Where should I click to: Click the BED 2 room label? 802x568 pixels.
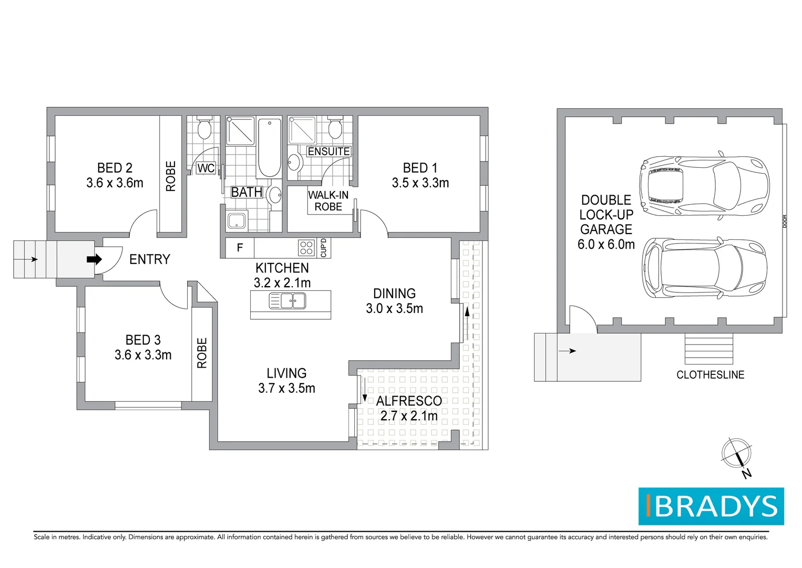tap(115, 168)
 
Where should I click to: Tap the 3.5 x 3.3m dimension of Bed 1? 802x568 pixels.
tap(420, 183)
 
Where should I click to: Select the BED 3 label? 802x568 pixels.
tap(143, 340)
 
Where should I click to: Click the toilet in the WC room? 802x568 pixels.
tap(204, 127)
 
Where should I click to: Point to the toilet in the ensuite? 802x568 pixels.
tap(335, 127)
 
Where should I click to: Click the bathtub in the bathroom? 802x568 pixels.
tap(269, 147)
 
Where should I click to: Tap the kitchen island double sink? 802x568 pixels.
tap(287, 301)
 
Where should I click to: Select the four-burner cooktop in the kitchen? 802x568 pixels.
tap(306, 248)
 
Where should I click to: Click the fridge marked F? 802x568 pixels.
tap(240, 248)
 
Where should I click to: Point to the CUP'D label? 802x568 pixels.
tap(324, 248)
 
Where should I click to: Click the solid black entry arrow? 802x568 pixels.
tap(94, 259)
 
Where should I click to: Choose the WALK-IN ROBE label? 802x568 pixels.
tap(328, 201)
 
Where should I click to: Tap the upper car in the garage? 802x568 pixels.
tap(704, 186)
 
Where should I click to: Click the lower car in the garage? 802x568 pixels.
tap(704, 268)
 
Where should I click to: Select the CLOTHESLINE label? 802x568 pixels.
tap(711, 375)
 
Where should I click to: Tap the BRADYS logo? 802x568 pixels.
tap(711, 506)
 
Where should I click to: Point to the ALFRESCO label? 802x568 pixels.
tap(409, 401)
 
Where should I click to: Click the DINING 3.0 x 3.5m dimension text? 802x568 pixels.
tap(394, 308)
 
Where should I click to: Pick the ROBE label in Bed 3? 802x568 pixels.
tap(202, 353)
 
